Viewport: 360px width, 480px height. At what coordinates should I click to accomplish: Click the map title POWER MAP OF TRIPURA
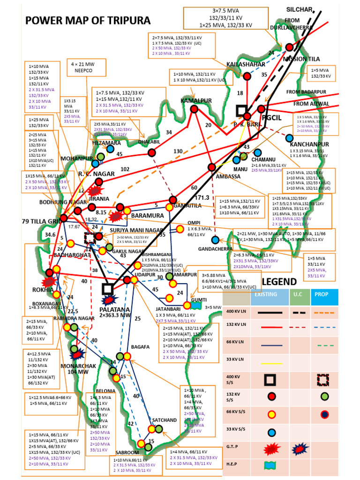pyautogui.click(x=88, y=21)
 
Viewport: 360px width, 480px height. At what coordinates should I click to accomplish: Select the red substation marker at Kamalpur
pyautogui.click(x=194, y=109)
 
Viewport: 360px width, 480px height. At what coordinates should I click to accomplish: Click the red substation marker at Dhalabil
pyautogui.click(x=151, y=152)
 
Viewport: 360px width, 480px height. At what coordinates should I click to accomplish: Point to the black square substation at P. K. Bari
pyautogui.click(x=242, y=111)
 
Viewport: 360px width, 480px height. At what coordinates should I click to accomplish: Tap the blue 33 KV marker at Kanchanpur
pyautogui.click(x=290, y=138)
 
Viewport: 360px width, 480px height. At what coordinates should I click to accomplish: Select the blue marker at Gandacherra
pyautogui.click(x=215, y=240)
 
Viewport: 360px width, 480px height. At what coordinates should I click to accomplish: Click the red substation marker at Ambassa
pyautogui.click(x=212, y=167)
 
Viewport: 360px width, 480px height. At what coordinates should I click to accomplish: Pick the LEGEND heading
pyautogui.click(x=279, y=282)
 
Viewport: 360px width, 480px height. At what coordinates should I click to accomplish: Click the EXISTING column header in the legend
pyautogui.click(x=266, y=294)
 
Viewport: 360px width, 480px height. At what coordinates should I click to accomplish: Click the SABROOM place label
pyautogui.click(x=127, y=452)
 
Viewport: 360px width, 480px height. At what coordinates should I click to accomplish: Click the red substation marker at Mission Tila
pyautogui.click(x=290, y=47)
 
